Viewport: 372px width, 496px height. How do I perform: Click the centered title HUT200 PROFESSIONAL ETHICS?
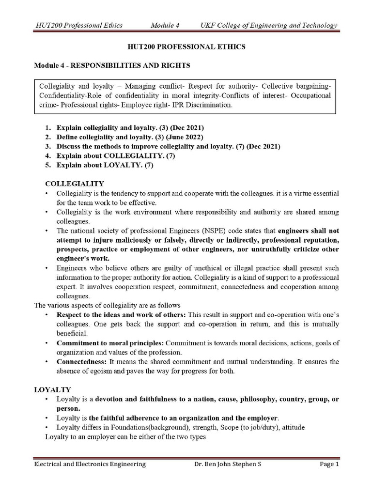186,47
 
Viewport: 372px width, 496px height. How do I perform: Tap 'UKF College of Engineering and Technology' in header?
269,25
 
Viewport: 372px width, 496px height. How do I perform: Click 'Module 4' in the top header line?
165,25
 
